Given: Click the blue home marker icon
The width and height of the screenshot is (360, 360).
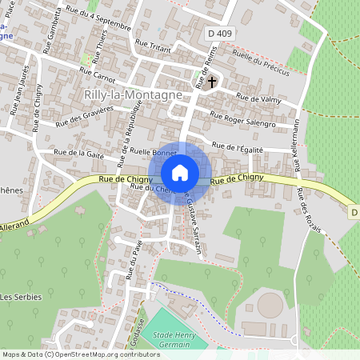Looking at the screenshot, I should pyautogui.click(x=180, y=172).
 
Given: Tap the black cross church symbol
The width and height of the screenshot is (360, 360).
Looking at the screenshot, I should pyautogui.click(x=212, y=82).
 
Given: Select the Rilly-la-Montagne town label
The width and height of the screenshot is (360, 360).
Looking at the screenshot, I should pyautogui.click(x=133, y=94).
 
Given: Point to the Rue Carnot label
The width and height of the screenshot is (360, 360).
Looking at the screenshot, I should pyautogui.click(x=98, y=71).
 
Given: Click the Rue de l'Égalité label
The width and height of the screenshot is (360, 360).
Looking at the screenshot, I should pyautogui.click(x=250, y=146).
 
